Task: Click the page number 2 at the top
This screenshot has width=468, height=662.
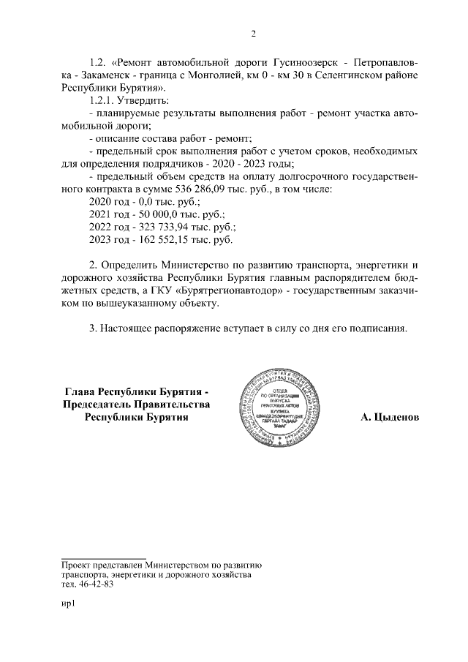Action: [x=252, y=34]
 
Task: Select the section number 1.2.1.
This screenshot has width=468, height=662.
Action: [x=104, y=99]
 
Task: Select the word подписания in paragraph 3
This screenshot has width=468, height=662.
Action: [x=372, y=328]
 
